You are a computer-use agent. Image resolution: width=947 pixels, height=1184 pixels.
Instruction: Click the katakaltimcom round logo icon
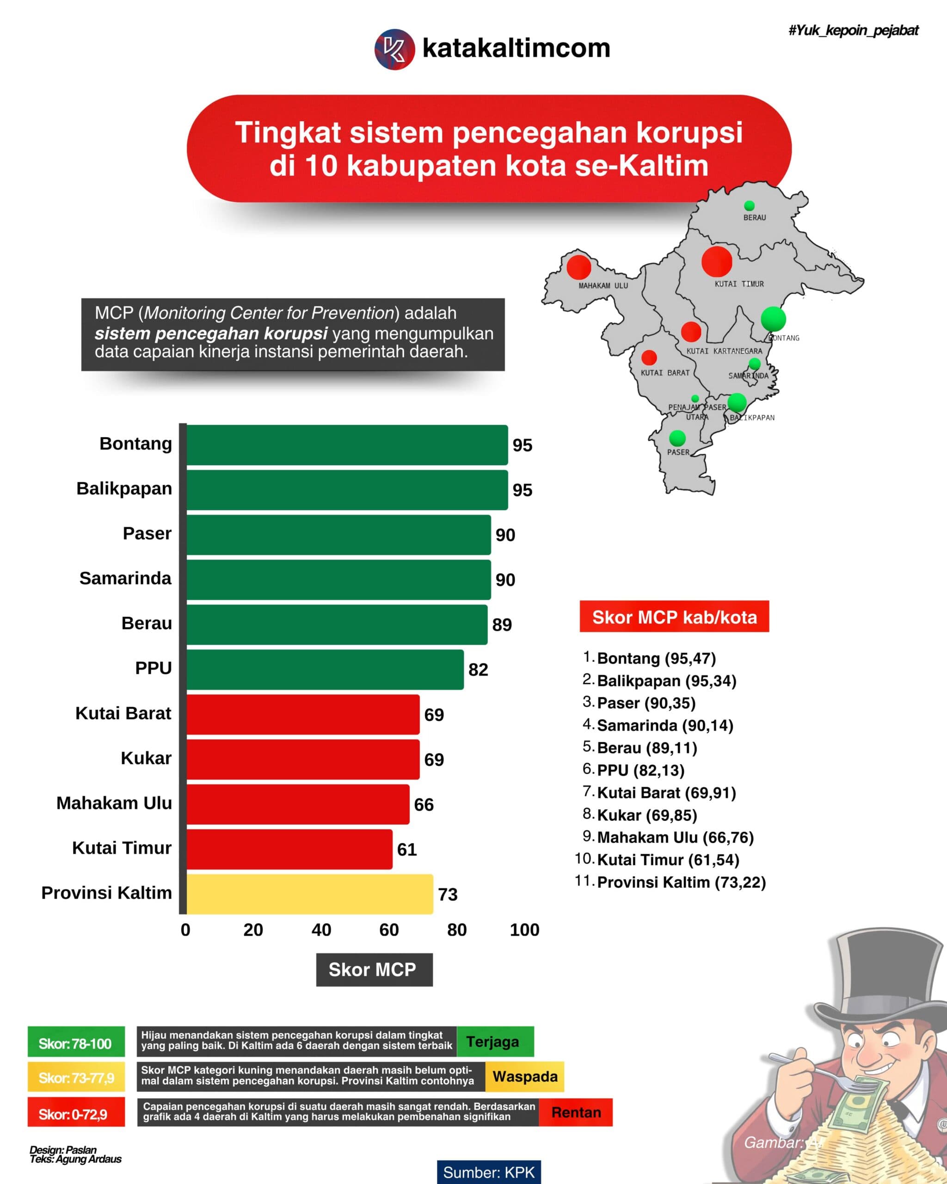(394, 49)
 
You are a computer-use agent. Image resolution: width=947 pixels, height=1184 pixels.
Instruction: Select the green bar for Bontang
(347, 445)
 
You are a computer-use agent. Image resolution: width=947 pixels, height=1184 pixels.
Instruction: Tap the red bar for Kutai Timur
(289, 849)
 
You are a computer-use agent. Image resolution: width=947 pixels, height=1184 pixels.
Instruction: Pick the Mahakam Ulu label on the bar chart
(114, 803)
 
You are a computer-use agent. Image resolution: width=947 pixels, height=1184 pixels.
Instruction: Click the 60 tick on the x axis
(389, 930)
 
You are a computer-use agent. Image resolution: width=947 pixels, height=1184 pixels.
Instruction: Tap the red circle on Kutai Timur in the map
(716, 261)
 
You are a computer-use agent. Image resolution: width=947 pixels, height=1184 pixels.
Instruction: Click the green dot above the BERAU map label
(749, 206)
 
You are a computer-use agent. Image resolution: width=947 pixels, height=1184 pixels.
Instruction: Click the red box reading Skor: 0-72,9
(76, 1114)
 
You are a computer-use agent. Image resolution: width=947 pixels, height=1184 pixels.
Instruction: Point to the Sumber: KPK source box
(489, 1172)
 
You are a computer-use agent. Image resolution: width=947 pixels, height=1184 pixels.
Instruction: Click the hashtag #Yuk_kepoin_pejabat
(853, 31)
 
